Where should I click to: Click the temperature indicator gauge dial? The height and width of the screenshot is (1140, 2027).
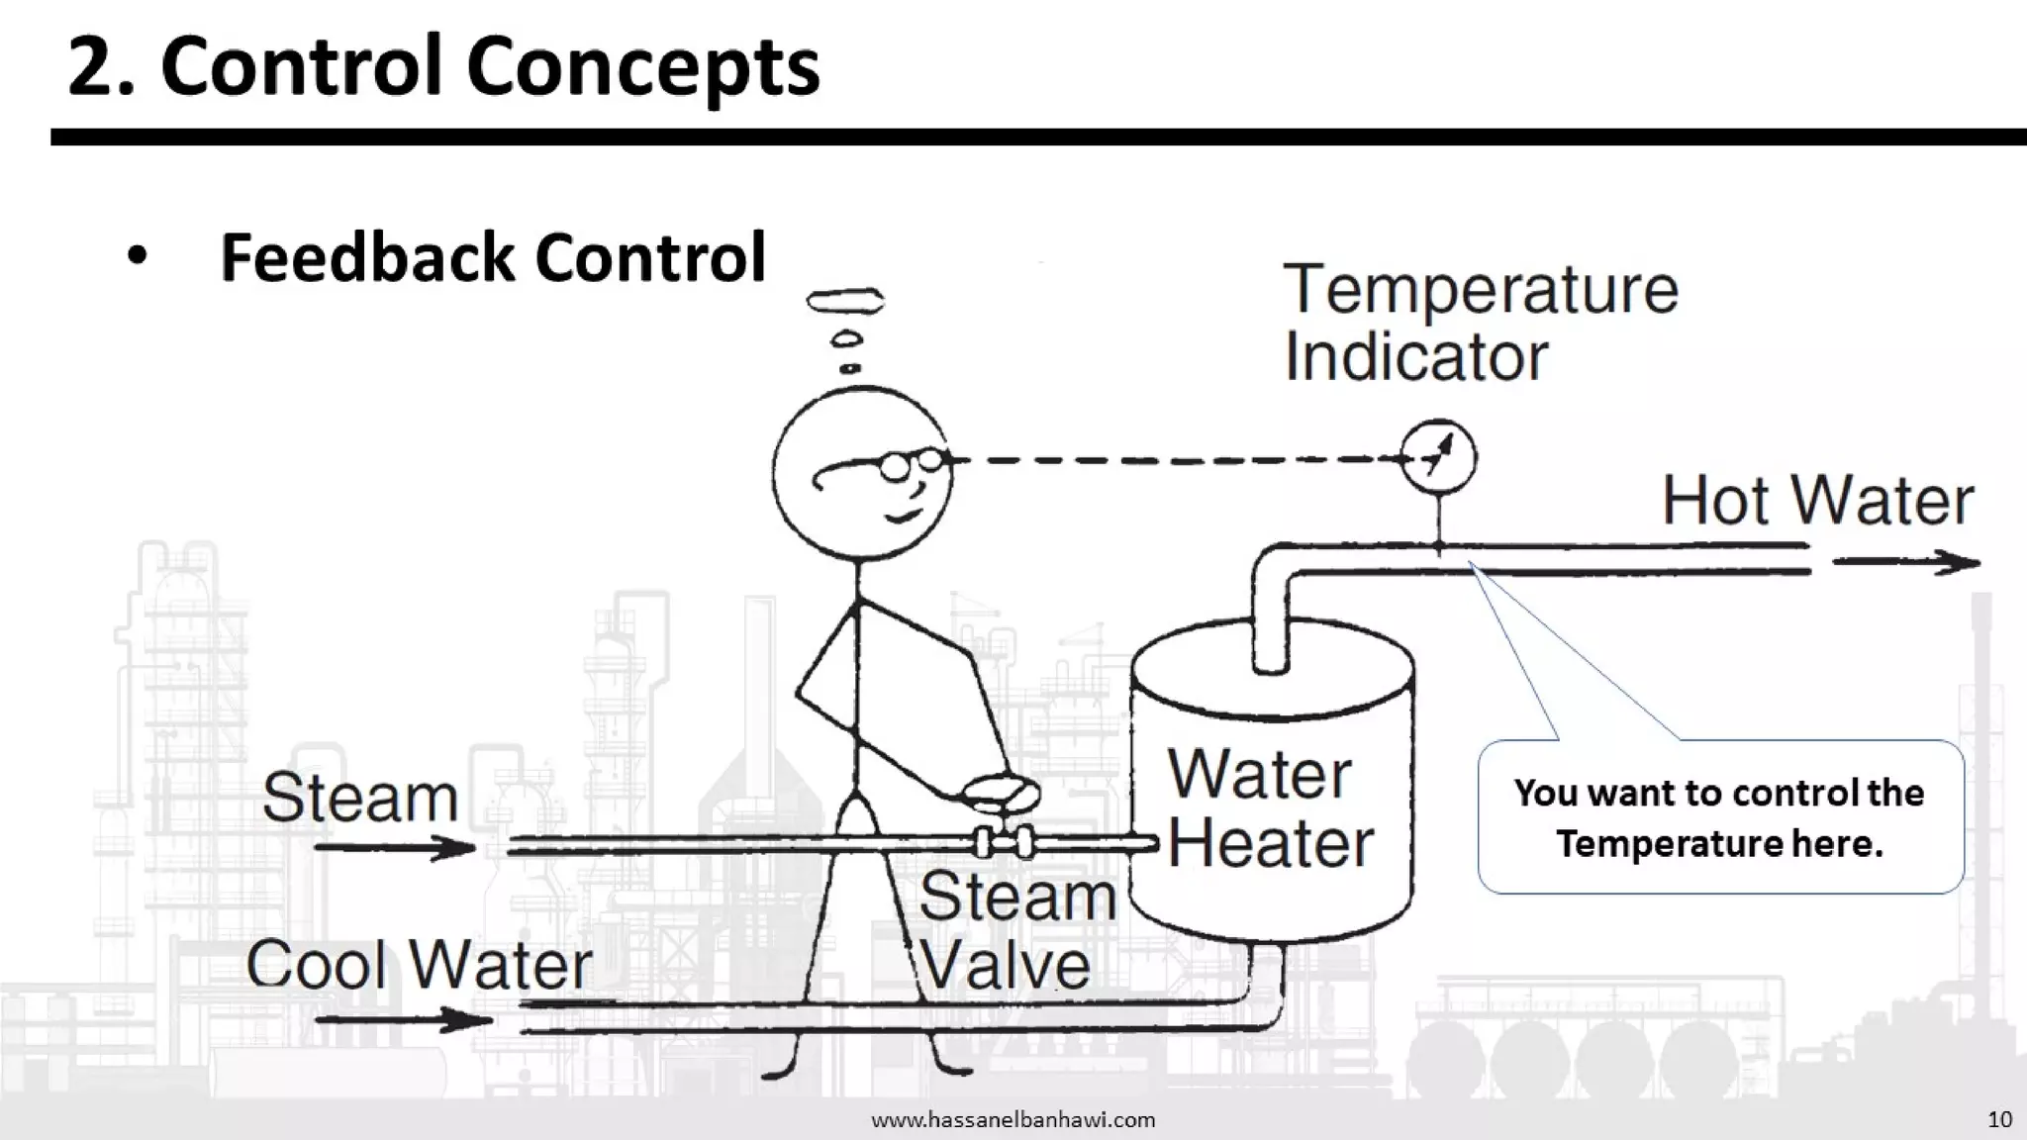tap(1438, 458)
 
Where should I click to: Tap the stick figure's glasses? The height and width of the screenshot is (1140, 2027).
tap(912, 463)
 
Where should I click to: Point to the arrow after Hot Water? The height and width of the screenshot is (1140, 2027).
tap(1906, 563)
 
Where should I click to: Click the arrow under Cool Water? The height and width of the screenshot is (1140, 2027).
tap(404, 1019)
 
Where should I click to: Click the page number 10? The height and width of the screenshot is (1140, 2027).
tap(1999, 1119)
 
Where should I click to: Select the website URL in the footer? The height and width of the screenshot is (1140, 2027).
tap(1013, 1120)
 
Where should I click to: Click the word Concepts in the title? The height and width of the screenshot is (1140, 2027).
tap(642, 67)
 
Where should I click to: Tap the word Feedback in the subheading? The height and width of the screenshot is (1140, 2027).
tap(367, 257)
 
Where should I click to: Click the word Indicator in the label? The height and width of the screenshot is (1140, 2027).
tap(1415, 357)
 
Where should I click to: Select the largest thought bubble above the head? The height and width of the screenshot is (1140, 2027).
tap(845, 299)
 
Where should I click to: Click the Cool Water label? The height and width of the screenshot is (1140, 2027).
tap(419, 964)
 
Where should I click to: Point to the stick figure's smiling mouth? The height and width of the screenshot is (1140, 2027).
tap(906, 516)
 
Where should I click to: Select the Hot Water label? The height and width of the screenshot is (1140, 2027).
tap(1817, 501)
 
